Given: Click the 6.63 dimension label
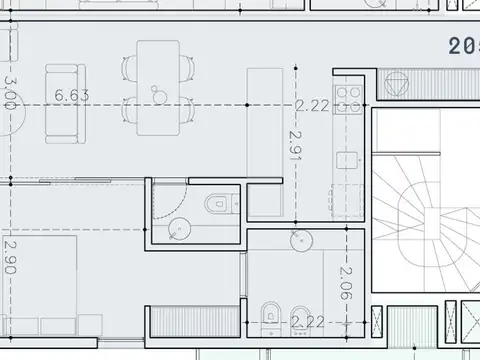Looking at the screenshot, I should coord(73,96).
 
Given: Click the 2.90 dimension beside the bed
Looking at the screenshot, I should coord(9,257).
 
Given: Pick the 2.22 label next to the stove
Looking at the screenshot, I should coord(313,104).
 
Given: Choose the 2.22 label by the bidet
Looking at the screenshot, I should coord(309,321).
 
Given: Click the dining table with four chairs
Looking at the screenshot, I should coord(158,86).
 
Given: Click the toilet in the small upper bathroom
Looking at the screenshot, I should coord(218,205).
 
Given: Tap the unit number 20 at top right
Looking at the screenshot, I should coord(463,45).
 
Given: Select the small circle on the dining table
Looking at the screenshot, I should coord(157,93).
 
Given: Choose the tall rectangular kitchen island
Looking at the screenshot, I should coord(265,140).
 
